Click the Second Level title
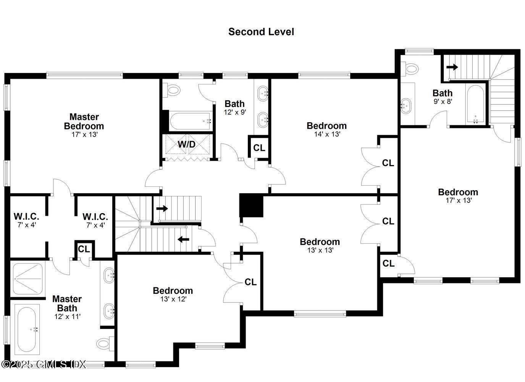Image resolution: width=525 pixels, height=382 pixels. click(261, 32)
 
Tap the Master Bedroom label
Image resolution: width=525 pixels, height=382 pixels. click(84, 121)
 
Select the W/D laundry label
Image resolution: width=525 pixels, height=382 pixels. click(187, 145)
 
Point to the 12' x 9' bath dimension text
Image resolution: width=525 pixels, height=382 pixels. click(234, 113)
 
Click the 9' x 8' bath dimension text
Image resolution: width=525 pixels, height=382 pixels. click(443, 102)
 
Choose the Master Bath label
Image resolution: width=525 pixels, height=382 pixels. click(67, 303)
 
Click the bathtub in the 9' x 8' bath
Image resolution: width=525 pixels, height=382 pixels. click(475, 104)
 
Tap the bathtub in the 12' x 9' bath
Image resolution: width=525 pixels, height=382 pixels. click(190, 121)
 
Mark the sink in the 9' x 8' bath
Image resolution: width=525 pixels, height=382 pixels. click(406, 105)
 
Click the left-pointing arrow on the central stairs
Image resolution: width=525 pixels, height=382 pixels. click(184, 240)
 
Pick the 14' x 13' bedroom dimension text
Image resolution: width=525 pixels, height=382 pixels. click(327, 134)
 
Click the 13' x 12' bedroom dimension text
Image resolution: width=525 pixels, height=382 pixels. click(173, 299)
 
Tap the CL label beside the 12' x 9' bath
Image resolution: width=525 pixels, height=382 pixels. click(259, 148)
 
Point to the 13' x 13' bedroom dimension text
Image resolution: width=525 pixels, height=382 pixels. click(320, 251)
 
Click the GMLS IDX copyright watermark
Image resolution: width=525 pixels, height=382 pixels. click(44, 364)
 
